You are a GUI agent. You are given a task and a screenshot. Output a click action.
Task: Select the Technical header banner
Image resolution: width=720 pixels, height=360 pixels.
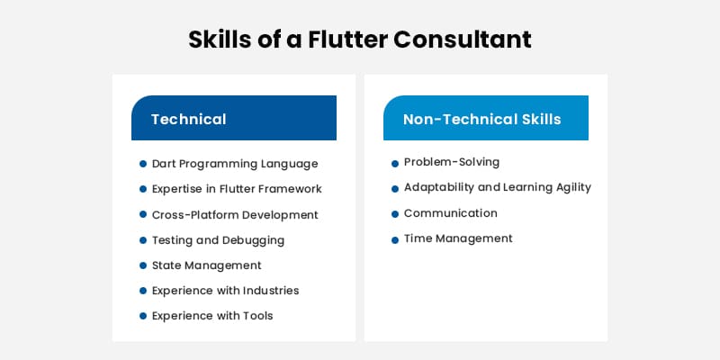[234, 119]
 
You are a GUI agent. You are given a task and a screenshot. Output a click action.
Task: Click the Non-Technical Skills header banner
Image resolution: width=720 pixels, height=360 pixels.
[486, 119]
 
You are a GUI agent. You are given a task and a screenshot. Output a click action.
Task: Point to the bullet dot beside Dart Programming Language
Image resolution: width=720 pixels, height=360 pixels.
[143, 164]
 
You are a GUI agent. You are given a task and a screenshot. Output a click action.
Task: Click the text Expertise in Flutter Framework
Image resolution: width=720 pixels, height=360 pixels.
[237, 189]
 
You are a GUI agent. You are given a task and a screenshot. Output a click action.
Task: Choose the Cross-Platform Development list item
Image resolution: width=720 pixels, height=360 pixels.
[235, 215]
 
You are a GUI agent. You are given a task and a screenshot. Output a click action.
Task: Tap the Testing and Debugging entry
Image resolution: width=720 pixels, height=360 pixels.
[218, 240]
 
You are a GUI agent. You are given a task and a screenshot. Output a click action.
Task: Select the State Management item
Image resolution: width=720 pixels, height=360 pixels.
[206, 265]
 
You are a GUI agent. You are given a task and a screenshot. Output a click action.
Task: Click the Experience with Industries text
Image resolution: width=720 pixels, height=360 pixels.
[225, 291]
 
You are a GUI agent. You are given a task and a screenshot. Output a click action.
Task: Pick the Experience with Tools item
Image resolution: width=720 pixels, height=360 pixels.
[211, 316]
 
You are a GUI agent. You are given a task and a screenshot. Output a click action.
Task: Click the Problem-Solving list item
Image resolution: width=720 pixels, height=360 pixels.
[451, 162]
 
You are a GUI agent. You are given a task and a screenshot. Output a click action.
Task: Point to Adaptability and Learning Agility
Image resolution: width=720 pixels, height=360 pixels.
[497, 187]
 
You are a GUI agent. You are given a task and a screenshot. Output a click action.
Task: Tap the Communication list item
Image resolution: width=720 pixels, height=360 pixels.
[450, 213]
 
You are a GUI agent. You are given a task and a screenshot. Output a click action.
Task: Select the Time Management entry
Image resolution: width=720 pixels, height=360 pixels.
[458, 238]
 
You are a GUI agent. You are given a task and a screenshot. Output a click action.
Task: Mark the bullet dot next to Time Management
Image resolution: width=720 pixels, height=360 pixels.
[395, 240]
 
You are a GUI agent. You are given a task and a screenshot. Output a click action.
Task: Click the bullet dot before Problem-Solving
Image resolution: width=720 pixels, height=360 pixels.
[395, 164]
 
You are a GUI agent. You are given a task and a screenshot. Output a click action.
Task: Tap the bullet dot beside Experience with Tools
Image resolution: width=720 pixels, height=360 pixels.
[143, 317]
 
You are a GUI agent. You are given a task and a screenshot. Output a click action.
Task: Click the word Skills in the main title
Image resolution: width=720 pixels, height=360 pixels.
[220, 40]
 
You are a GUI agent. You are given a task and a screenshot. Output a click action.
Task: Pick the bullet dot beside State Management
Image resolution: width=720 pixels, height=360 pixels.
[143, 266]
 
